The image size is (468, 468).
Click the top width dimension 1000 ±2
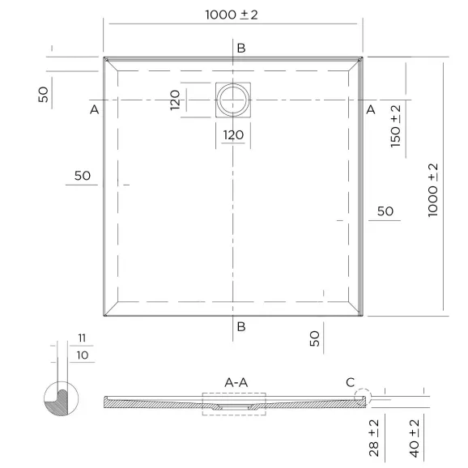[x=232, y=15]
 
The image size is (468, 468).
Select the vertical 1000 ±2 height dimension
[x=433, y=190]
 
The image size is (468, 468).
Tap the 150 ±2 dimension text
[x=395, y=126]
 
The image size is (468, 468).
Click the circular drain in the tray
[x=233, y=100]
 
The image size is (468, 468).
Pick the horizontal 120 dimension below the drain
[x=233, y=135]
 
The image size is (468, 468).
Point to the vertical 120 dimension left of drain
[x=175, y=100]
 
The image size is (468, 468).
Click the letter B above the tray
[x=241, y=48]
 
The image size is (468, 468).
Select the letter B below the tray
[x=241, y=327]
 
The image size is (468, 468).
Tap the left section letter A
[x=94, y=110]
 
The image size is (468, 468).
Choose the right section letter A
[x=370, y=110]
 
